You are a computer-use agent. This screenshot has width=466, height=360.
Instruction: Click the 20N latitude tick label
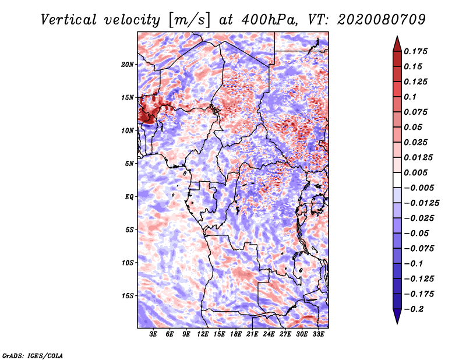tap(128, 64)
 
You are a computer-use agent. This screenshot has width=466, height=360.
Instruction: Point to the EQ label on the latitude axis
tap(129, 196)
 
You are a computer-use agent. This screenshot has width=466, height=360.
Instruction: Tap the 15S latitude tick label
tap(128, 295)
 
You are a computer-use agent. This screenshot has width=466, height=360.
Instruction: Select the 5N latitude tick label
tap(129, 163)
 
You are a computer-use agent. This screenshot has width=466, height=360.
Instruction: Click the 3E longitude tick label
tap(154, 335)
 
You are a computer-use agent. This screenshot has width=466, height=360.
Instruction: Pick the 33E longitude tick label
tap(318, 335)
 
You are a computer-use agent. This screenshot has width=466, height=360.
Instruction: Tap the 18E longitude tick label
tap(236, 335)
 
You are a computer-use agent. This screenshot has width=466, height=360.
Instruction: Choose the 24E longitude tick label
tap(269, 335)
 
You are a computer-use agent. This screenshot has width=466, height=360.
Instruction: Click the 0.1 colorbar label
tap(410, 97)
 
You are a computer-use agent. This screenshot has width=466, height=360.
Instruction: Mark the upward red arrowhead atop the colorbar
tap(396, 43)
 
